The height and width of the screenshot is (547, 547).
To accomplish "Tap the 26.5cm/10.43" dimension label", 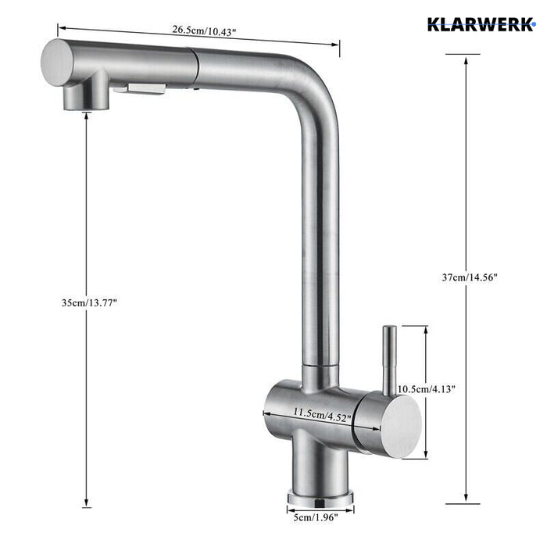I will (205, 30).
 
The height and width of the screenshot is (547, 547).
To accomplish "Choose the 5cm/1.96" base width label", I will (320, 517).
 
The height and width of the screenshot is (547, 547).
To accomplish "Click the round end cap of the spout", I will (57, 62).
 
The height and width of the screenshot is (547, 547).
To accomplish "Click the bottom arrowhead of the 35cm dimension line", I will (85, 503).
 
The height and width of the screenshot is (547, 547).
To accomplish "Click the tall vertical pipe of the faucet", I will (320, 234).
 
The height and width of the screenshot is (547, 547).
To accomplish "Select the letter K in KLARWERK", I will (433, 23).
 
